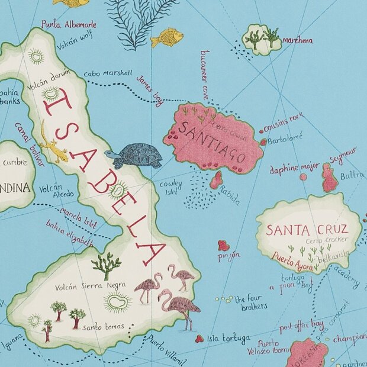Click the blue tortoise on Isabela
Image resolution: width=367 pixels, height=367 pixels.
134,156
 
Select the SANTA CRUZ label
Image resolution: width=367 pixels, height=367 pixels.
305,230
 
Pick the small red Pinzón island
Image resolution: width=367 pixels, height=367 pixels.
223,245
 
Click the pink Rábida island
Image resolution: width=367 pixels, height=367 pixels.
216,179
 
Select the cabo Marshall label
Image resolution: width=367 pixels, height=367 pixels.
107,74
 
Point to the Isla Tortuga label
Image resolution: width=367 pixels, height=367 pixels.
228,339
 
